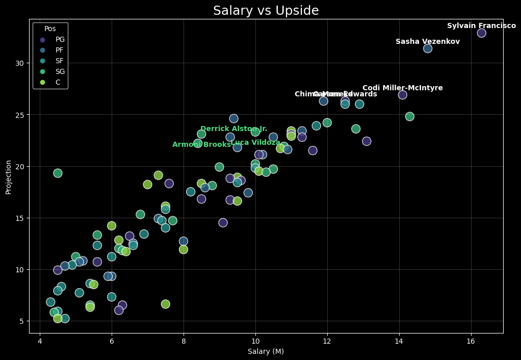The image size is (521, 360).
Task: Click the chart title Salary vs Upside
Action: [x=266, y=11]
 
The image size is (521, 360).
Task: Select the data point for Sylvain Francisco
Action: [x=481, y=33]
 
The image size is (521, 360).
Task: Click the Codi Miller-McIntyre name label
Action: [x=402, y=88]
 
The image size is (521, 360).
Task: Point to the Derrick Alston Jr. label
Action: [x=233, y=129]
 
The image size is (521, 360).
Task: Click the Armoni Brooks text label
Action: [x=201, y=145]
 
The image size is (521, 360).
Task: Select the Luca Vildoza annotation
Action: [x=255, y=143]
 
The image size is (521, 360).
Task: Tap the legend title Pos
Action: [x=50, y=29]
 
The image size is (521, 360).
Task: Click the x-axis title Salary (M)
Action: [x=266, y=351]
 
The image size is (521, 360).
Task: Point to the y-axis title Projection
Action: [x=8, y=177]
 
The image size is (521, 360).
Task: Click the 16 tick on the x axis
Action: [x=471, y=341]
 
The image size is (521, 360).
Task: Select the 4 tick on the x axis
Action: [x=40, y=341]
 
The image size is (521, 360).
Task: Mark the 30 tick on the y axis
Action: [x=19, y=63]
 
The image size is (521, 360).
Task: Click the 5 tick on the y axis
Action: [x=21, y=321]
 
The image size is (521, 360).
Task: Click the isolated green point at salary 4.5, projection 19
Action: [x=58, y=173]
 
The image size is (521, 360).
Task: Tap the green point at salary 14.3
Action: [x=409, y=116]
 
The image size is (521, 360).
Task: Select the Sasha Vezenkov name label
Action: [x=427, y=42]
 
